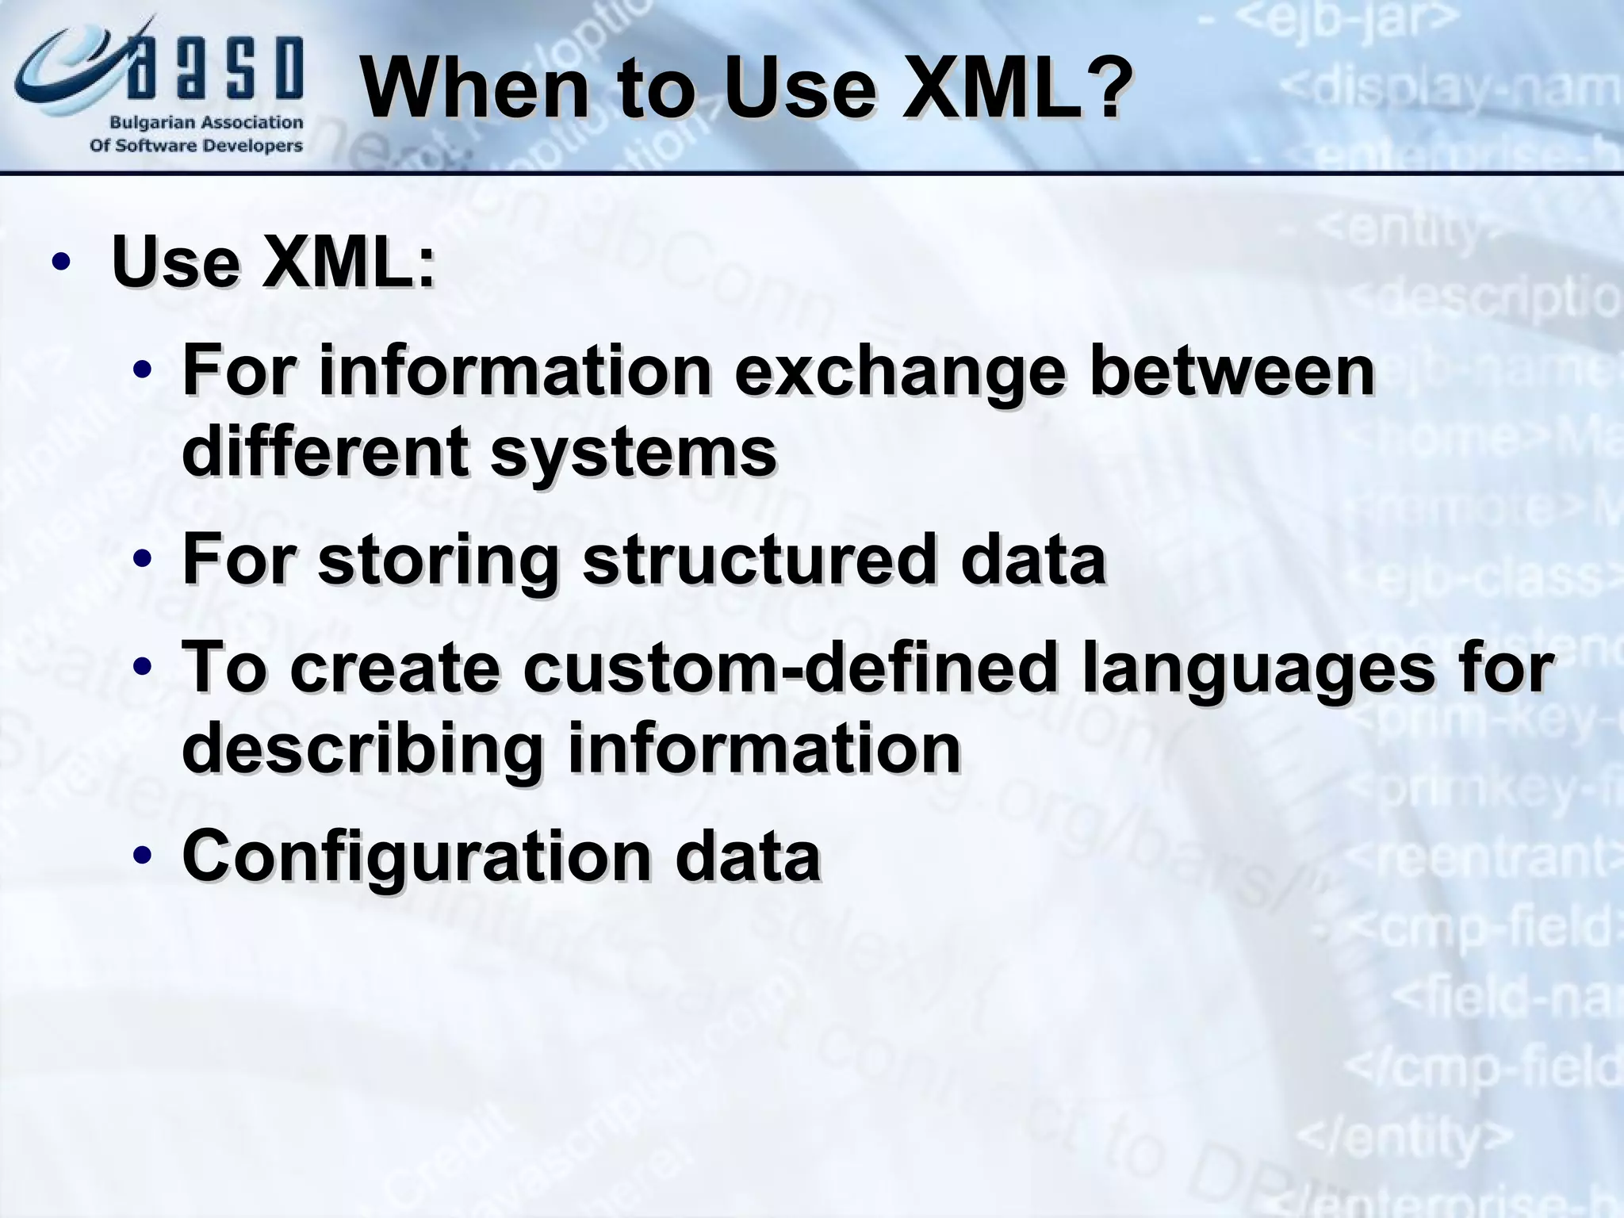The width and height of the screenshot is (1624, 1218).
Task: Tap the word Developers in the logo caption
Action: click(x=254, y=146)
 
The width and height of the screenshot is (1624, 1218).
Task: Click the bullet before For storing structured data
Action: click(x=143, y=560)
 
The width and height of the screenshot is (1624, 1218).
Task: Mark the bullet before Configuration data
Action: click(x=143, y=856)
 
